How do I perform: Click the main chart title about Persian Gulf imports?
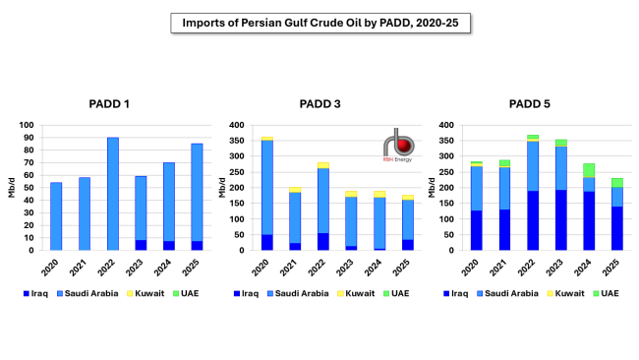pyautogui.click(x=319, y=22)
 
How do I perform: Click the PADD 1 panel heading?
pyautogui.click(x=112, y=104)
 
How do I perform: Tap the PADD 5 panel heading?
pyautogui.click(x=532, y=104)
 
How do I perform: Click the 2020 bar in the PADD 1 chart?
pyautogui.click(x=56, y=216)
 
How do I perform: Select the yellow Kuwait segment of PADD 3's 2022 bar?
pyautogui.click(x=323, y=165)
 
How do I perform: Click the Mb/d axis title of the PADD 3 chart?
pyautogui.click(x=217, y=188)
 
